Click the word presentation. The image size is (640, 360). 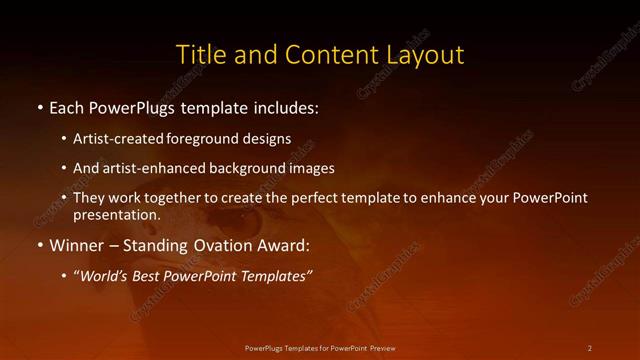116,214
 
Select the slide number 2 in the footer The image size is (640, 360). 590,347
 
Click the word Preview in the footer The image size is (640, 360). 379,347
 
